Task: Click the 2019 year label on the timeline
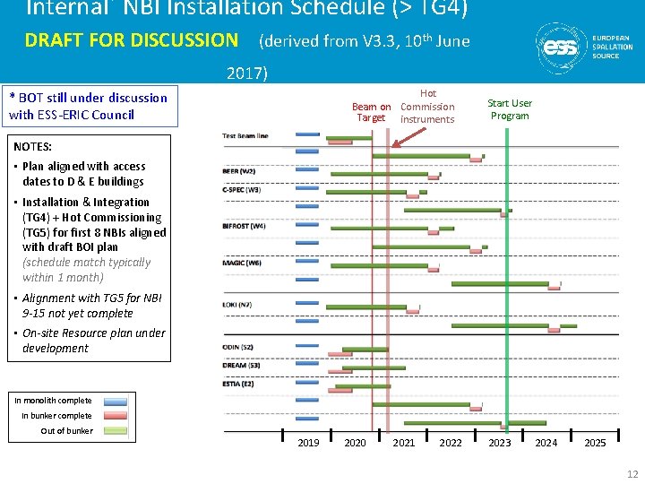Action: pos(308,443)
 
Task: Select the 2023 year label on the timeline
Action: pos(499,443)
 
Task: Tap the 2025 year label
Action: pos(595,443)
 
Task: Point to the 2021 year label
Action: pos(404,443)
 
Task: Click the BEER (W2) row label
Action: pos(238,171)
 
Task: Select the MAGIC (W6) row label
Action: pos(242,263)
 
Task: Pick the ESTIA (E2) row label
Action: pos(238,384)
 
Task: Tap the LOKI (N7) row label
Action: pos(237,305)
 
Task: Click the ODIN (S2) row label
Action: pos(238,348)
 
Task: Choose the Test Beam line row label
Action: pos(245,136)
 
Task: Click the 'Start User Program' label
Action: pos(510,109)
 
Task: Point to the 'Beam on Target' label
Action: pos(371,112)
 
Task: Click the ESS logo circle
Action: pos(561,47)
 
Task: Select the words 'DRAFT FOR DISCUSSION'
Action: pos(131,40)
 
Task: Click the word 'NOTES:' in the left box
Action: pos(33,146)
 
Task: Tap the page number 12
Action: pos(632,474)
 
